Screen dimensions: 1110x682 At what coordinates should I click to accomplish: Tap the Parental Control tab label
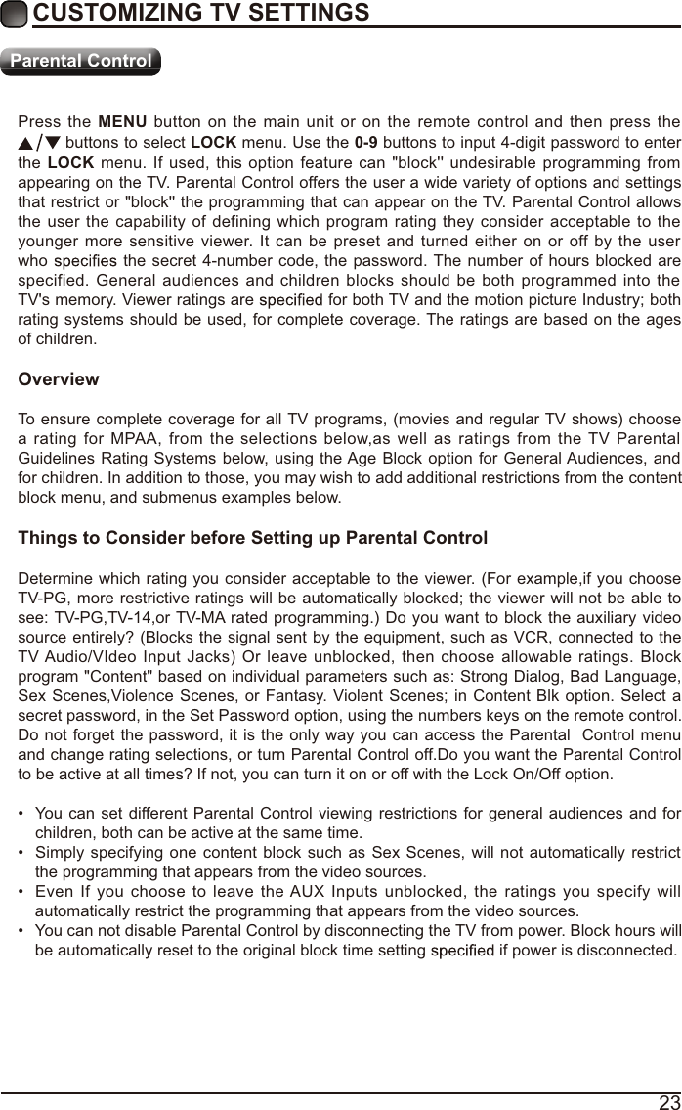click(80, 61)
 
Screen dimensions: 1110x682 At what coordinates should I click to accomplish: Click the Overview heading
click(59, 378)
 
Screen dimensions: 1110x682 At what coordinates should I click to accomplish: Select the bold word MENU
click(122, 122)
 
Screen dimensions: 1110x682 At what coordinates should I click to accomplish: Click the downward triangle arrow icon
click(53, 143)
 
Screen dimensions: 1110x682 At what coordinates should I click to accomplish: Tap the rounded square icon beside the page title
click(15, 14)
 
